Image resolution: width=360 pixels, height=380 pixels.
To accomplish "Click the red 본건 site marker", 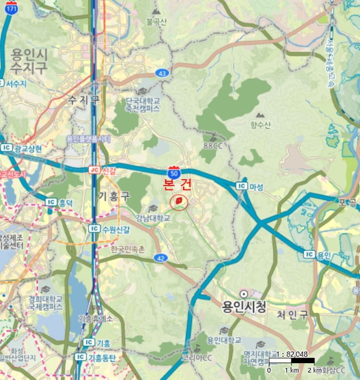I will click(x=178, y=202).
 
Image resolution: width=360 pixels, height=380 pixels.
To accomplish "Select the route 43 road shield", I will click(x=162, y=73).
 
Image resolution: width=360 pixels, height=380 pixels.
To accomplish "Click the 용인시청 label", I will click(x=244, y=307).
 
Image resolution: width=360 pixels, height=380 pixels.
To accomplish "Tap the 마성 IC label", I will click(x=256, y=186).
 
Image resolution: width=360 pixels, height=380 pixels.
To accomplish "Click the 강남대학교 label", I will click(x=154, y=218).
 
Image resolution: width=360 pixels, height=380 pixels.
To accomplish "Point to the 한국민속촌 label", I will click(x=128, y=249).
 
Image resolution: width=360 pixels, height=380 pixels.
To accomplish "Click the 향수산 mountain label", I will click(x=260, y=125).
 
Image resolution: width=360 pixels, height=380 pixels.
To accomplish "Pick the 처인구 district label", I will click(x=291, y=314).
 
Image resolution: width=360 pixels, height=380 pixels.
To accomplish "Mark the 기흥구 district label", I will click(x=115, y=195).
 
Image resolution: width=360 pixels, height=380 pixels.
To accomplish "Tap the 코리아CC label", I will click(x=197, y=358).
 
